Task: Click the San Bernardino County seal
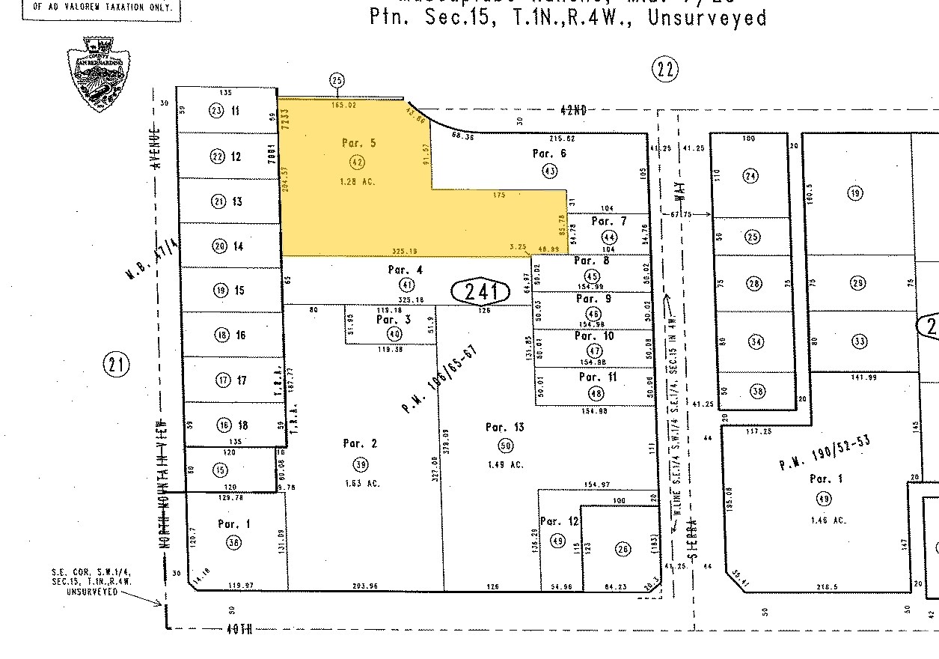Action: pyautogui.click(x=94, y=74)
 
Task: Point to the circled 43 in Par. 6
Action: pyautogui.click(x=549, y=171)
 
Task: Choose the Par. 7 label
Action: pyautogui.click(x=609, y=221)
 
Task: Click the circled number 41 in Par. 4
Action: pyautogui.click(x=406, y=285)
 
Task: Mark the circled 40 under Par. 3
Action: pyautogui.click(x=394, y=334)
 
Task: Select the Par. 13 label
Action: pyautogui.click(x=504, y=428)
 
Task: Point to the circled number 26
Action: pyautogui.click(x=622, y=549)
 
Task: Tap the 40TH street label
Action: pyautogui.click(x=237, y=629)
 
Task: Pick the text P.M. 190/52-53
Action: pyautogui.click(x=825, y=453)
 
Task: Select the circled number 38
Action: pyautogui.click(x=757, y=392)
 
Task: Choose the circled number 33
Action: pyautogui.click(x=859, y=342)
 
